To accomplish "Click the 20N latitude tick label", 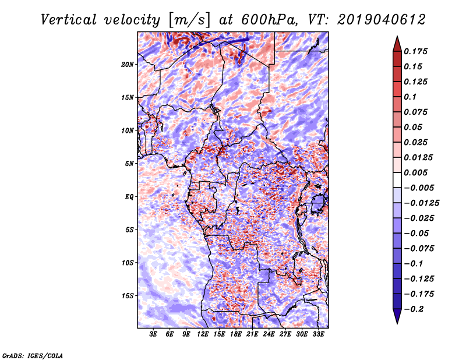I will pyautogui.click(x=128, y=64).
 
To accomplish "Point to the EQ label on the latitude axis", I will pyautogui.click(x=129, y=197).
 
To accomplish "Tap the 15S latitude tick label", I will pyautogui.click(x=128, y=296).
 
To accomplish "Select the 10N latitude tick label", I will pyautogui.click(x=128, y=130).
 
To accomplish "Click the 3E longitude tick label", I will pyautogui.click(x=154, y=334).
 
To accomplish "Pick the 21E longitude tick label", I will pyautogui.click(x=252, y=334).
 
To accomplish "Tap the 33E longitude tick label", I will pyautogui.click(x=318, y=334).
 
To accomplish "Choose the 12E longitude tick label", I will pyautogui.click(x=203, y=334).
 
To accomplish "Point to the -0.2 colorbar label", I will pyautogui.click(x=417, y=309).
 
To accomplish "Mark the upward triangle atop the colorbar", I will pyautogui.click(x=397, y=42).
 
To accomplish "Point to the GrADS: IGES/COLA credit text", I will pyautogui.click(x=33, y=355).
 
